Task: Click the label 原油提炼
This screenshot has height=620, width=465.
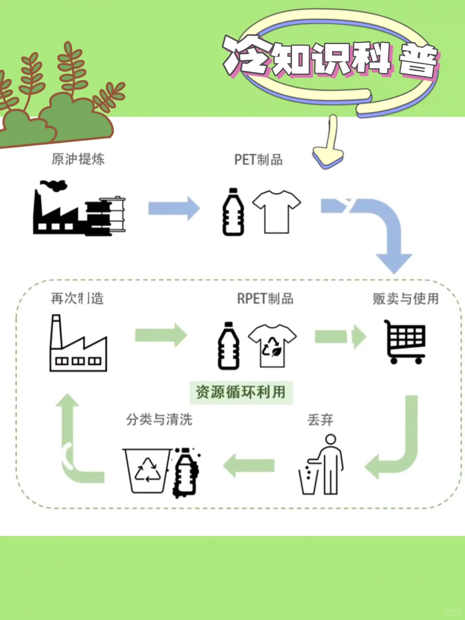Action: click(78, 159)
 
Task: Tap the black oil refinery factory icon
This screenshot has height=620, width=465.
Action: click(79, 209)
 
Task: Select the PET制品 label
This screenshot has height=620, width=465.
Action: click(258, 160)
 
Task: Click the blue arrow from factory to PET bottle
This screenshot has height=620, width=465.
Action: click(174, 208)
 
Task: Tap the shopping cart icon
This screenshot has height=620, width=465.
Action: click(405, 342)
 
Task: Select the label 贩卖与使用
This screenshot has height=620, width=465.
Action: click(405, 298)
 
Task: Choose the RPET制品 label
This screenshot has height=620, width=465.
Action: click(265, 298)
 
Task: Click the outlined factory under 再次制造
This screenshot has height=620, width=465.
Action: click(78, 344)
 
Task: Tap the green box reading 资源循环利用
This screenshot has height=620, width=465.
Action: click(241, 392)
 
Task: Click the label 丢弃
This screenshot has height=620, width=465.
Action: click(320, 420)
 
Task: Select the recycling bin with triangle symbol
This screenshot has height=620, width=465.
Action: click(147, 471)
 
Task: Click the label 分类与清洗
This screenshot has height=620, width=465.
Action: click(159, 419)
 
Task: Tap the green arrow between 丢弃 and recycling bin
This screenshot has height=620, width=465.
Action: click(249, 465)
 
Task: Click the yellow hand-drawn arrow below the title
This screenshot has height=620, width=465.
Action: click(329, 144)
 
